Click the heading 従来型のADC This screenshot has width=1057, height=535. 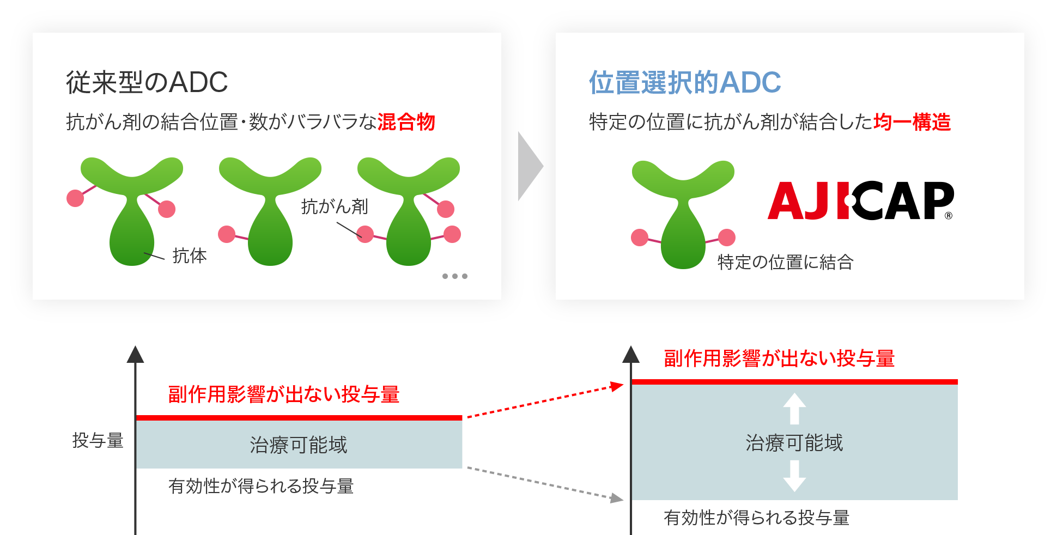coord(147,83)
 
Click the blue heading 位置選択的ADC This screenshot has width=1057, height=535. coord(685,83)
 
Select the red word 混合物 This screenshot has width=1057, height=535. coord(406,122)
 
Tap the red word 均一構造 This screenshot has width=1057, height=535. coord(912,122)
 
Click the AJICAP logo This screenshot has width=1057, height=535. coord(860,200)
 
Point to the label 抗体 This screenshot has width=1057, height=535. coord(190,256)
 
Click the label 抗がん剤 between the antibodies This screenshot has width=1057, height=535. coord(335,206)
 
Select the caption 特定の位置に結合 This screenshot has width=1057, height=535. coord(785,262)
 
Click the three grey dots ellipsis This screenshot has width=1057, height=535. coord(455,276)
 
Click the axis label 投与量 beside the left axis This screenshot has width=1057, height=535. coord(98,440)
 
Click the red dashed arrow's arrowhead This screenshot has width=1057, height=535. coord(618,386)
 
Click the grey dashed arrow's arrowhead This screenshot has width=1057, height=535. coord(617,498)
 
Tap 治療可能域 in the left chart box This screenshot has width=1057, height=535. coord(299,445)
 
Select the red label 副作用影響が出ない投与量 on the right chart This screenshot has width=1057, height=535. coord(779,358)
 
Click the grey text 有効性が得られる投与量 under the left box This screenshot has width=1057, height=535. coord(261,486)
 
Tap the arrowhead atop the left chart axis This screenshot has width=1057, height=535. coord(135,354)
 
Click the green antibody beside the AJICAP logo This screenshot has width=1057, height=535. coord(683,218)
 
